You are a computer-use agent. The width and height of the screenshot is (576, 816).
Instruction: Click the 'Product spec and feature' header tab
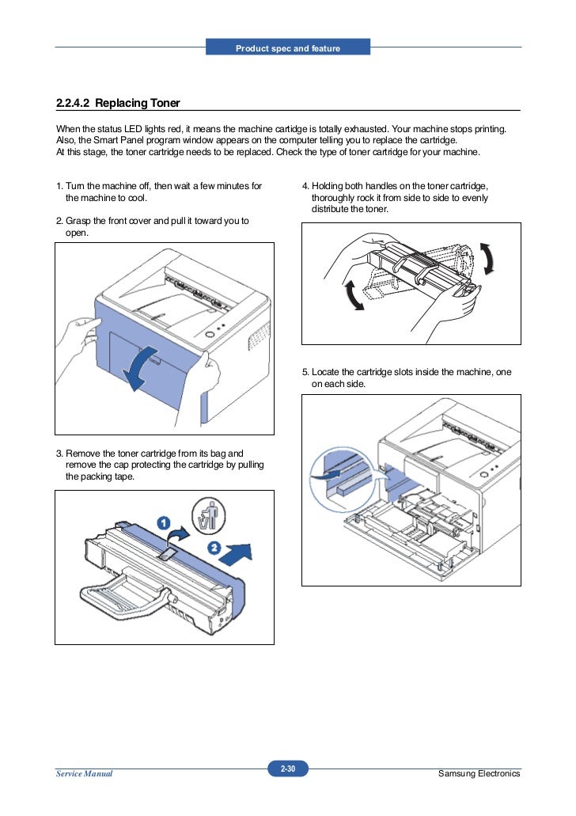tap(288, 49)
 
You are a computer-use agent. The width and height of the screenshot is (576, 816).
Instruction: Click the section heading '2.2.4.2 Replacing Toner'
tap(118, 103)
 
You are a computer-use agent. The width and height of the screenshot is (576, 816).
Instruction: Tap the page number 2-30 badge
tap(287, 768)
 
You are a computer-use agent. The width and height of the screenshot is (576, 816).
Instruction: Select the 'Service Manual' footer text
tap(84, 773)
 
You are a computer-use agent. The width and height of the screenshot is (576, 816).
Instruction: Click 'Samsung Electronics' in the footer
tap(479, 773)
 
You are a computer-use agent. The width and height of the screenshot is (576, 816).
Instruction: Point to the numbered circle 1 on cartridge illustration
tap(161, 522)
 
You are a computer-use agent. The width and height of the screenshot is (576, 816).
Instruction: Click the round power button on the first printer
tap(210, 336)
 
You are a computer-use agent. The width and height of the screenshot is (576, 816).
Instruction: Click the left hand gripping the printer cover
tap(77, 336)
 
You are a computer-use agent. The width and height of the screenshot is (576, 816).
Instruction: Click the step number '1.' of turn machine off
tap(59, 186)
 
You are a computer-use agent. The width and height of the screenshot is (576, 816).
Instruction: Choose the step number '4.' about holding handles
tap(306, 186)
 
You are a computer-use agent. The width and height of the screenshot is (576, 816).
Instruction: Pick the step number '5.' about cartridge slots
tap(306, 372)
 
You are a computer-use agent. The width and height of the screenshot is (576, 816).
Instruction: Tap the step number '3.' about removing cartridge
tap(59, 454)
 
